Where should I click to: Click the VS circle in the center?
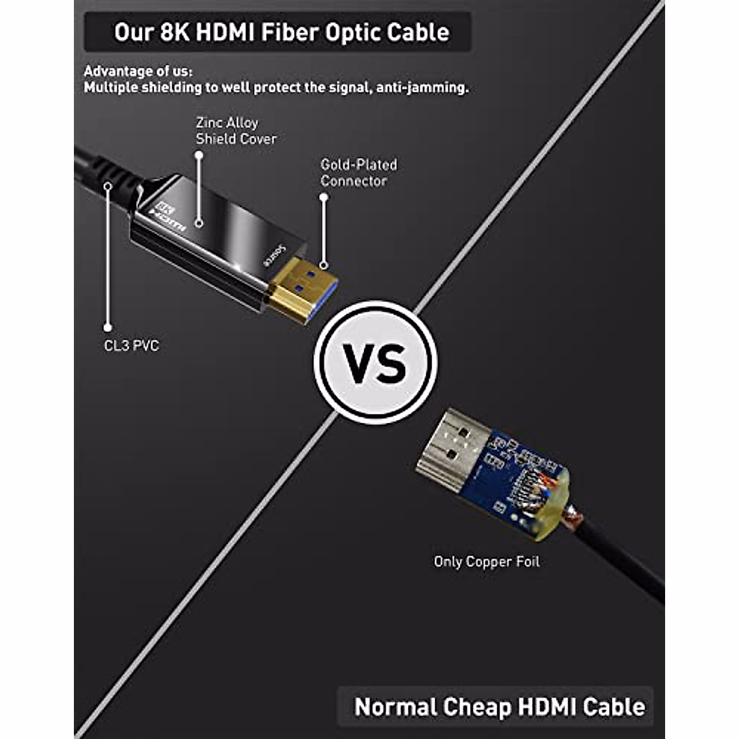(375, 363)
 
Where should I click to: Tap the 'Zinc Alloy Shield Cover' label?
(236, 131)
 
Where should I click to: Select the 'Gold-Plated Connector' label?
(358, 172)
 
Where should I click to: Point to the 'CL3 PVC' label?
(131, 345)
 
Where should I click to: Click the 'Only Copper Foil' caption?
(487, 562)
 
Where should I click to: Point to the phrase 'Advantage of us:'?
(139, 71)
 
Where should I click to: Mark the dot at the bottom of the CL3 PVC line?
(108, 328)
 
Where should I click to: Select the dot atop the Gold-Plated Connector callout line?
(323, 197)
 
